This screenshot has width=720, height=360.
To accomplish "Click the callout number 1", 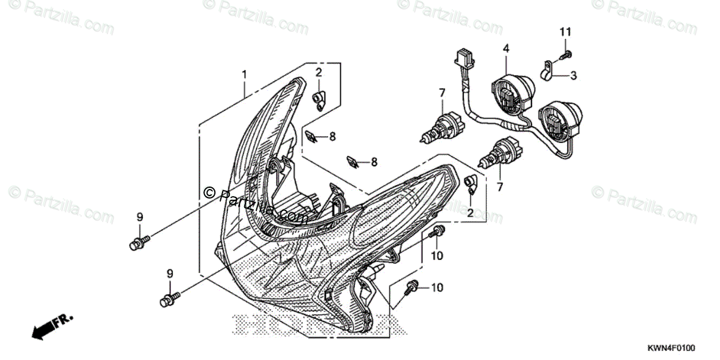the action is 244,74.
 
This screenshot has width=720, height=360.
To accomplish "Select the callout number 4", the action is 506,48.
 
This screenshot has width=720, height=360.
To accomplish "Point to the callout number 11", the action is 566,31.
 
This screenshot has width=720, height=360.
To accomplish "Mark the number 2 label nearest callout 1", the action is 319,73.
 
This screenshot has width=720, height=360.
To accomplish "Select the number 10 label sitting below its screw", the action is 436,256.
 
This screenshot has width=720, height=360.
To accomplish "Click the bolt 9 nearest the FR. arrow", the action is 167,299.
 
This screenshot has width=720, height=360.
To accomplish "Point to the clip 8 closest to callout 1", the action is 311,136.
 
